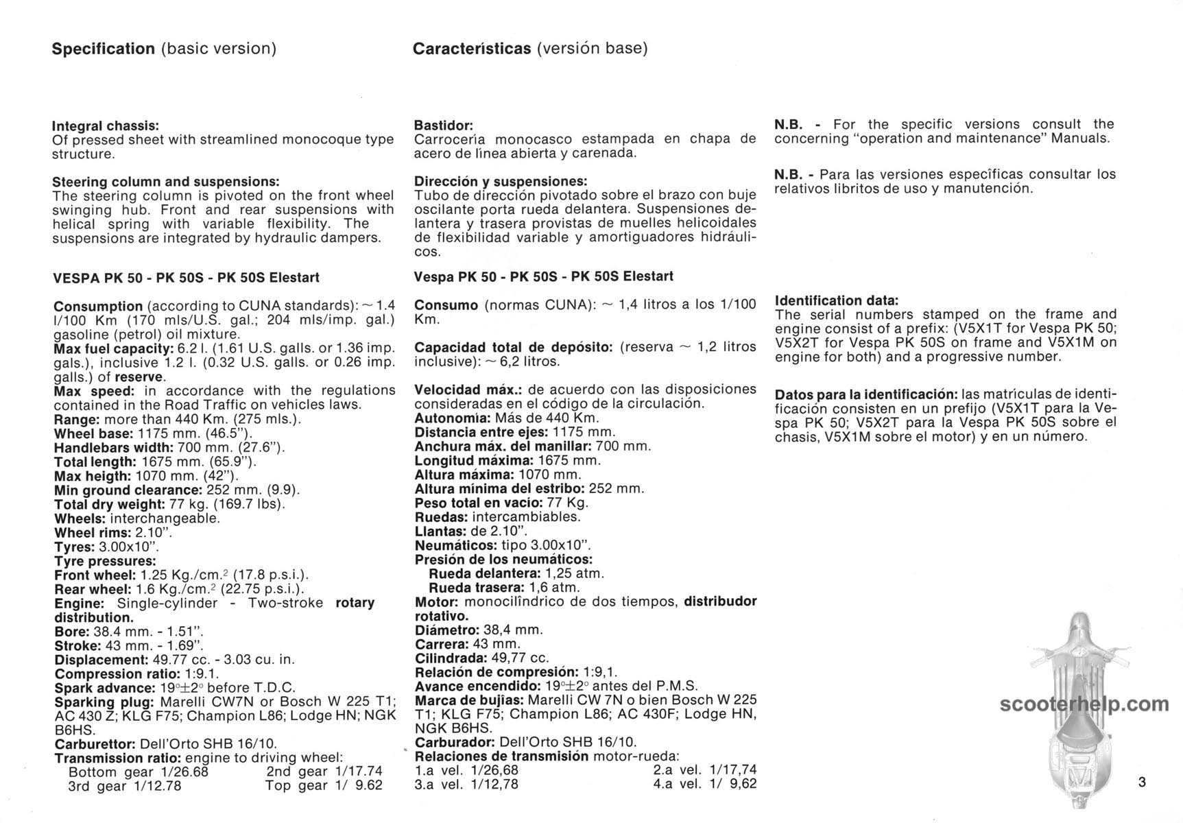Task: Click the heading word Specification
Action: [104, 49]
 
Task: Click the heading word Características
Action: [472, 49]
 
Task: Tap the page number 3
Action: [1142, 782]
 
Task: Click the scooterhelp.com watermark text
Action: [1084, 704]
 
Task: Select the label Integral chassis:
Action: [106, 126]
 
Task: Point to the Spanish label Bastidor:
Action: [444, 126]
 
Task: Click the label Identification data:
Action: [836, 300]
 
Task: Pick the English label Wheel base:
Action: [94, 433]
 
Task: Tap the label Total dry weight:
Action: [111, 504]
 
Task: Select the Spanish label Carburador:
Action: [455, 742]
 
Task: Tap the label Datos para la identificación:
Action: [866, 395]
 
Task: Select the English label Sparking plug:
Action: [104, 702]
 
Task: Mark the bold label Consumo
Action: [446, 305]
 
